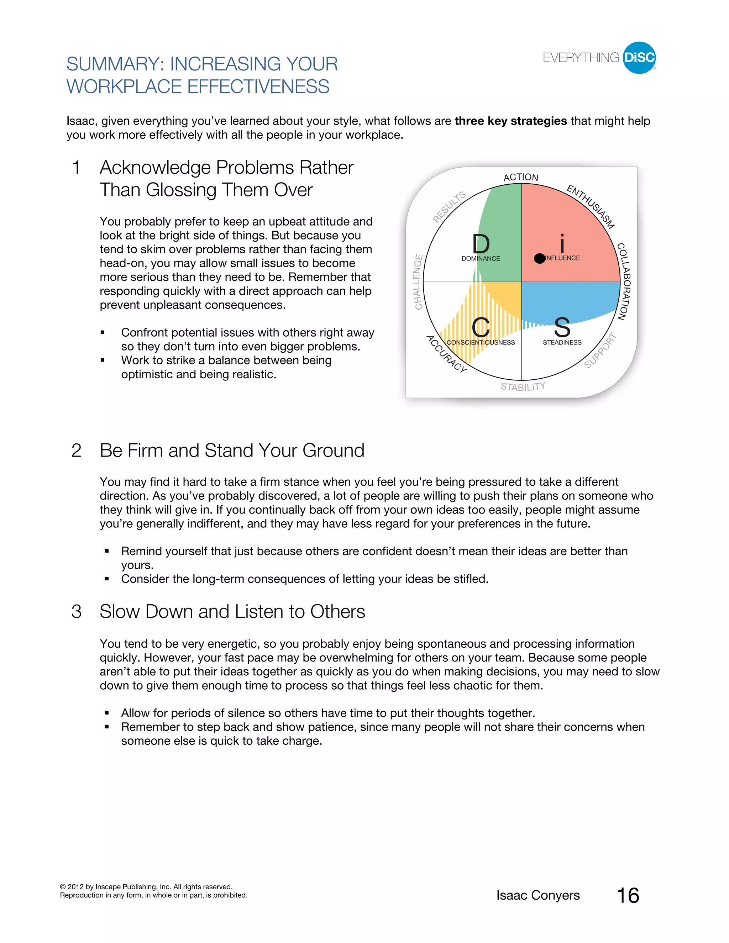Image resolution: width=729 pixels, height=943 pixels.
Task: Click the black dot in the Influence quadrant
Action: click(539, 258)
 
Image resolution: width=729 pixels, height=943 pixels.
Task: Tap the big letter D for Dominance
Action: click(481, 244)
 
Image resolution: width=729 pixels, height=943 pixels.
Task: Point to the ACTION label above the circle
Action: click(521, 177)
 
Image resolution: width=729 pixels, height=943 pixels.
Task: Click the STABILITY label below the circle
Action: click(523, 386)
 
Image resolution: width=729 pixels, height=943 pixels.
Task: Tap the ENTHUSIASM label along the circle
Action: click(591, 206)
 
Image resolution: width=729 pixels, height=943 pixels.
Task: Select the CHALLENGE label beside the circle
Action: click(418, 282)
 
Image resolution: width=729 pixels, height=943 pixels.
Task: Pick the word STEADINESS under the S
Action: click(562, 342)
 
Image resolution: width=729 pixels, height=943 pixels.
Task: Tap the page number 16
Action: click(628, 896)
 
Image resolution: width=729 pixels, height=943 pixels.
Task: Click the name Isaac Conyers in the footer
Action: click(538, 896)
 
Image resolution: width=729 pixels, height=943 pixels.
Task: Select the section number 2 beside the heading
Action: click(77, 451)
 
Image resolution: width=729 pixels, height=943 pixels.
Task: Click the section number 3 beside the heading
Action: click(77, 612)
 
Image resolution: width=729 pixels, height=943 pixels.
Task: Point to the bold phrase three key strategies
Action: click(510, 121)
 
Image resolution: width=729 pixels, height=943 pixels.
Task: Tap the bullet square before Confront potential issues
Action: click(103, 332)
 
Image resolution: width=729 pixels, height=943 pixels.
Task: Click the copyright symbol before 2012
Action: click(63, 887)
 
